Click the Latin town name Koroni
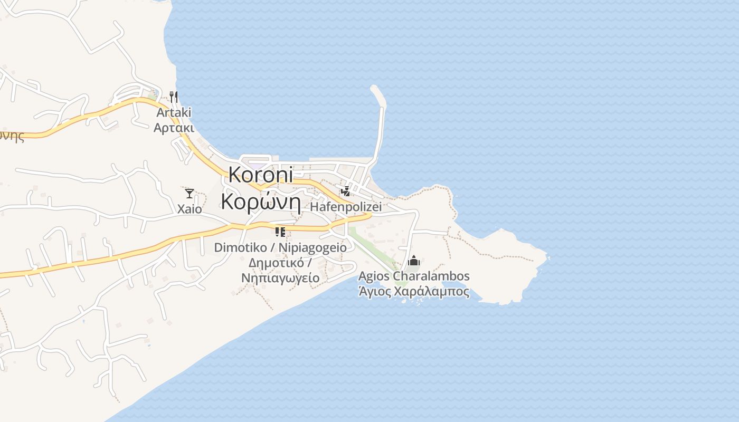[261, 175]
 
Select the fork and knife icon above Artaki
[174, 97]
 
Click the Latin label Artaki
[174, 112]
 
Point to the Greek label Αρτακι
[174, 128]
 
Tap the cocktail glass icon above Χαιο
[190, 194]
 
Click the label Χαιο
[190, 209]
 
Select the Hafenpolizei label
[346, 207]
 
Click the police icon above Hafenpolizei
[345, 191]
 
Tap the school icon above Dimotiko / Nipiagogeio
[280, 232]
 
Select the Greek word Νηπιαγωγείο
[280, 278]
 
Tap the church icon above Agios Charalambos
[414, 261]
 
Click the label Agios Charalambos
[414, 276]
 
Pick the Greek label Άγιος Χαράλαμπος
[414, 291]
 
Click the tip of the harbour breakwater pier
[375, 88]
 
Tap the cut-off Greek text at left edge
[12, 136]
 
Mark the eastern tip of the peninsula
[547, 258]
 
